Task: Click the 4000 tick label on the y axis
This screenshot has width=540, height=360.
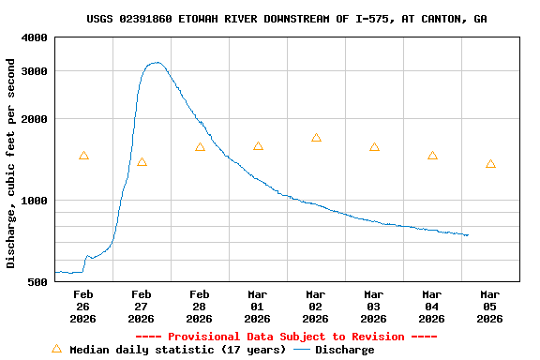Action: point(35,37)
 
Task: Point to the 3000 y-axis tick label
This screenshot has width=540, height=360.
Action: point(35,71)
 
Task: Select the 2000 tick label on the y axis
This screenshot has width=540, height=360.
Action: point(35,119)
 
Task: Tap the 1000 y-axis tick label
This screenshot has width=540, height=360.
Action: point(35,201)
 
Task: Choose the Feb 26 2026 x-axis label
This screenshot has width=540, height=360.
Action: point(83,307)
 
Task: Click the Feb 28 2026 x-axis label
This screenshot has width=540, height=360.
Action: point(200,307)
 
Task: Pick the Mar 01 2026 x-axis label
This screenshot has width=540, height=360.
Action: point(258,307)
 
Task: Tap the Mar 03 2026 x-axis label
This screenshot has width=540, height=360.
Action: point(374,307)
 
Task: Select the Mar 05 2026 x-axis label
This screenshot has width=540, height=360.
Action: point(490,307)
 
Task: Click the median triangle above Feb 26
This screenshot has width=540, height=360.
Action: point(83,156)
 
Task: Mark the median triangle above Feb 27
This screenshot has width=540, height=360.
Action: point(142,162)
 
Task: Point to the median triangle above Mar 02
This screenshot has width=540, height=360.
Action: point(316,138)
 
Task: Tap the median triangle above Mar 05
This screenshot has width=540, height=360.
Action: point(490,164)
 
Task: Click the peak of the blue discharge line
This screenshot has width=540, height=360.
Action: point(157,63)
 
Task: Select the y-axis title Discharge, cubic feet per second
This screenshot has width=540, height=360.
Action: point(11,163)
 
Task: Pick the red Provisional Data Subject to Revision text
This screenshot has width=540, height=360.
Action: point(286,337)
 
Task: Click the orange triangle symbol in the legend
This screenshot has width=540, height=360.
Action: point(56,349)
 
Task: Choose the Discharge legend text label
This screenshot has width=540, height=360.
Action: point(344,350)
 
